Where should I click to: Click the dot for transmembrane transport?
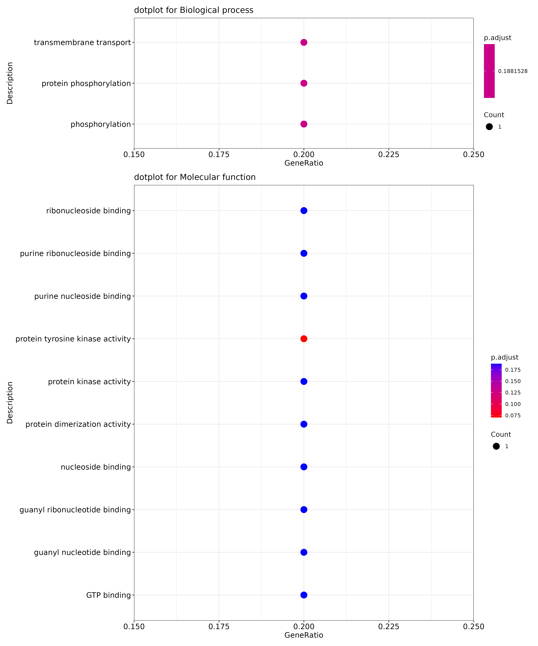(304, 42)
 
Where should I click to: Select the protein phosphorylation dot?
(304, 83)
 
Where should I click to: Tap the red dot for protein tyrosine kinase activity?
(304, 339)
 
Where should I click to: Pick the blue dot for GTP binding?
(304, 595)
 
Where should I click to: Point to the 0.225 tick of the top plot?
(389, 154)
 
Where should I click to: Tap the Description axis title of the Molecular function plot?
(10, 403)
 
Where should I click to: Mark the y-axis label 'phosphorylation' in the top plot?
(101, 124)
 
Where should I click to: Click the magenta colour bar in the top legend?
(489, 71)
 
